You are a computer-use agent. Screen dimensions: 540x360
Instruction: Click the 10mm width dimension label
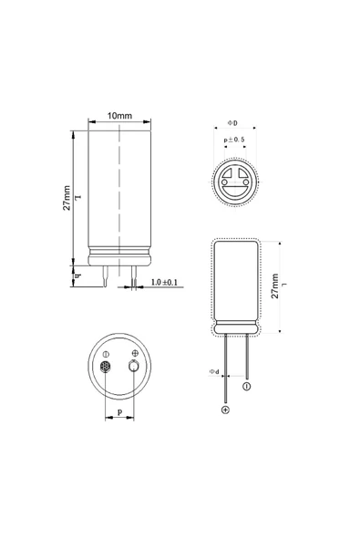[119, 116]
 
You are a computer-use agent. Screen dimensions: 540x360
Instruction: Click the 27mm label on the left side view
[67, 198]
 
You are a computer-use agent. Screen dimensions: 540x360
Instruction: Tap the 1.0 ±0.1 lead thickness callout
[165, 283]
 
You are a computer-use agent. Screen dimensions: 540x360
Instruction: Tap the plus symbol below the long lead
[225, 410]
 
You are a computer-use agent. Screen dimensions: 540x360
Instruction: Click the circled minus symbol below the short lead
[246, 387]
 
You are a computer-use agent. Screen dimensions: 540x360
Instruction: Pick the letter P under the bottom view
[120, 412]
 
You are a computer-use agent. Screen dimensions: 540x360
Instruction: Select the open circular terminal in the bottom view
[135, 368]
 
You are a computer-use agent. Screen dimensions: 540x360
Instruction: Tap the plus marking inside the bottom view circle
[136, 353]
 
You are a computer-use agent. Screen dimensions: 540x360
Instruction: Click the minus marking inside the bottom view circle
[106, 353]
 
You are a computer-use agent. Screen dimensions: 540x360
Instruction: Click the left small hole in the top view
[225, 183]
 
